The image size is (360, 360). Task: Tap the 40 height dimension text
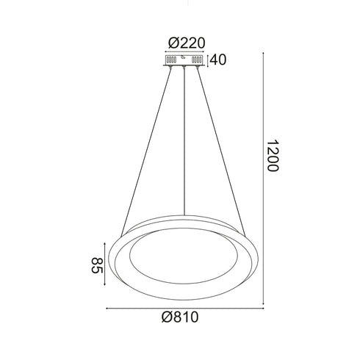pos(218,60)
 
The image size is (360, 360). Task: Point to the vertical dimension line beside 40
pos(209,60)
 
